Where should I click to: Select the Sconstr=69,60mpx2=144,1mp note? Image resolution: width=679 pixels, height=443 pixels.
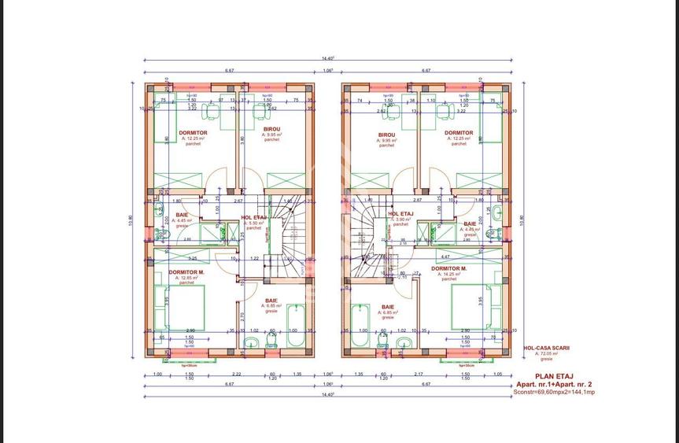tap(554, 391)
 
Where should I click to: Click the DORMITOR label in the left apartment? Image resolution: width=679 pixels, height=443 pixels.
tap(193, 133)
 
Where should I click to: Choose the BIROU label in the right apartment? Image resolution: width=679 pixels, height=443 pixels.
tap(386, 134)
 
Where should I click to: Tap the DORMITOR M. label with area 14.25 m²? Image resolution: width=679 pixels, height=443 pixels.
tap(448, 268)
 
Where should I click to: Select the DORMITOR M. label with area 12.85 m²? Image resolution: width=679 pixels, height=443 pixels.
tap(186, 272)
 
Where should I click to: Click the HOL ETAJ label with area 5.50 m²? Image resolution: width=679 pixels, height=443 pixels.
tap(253, 216)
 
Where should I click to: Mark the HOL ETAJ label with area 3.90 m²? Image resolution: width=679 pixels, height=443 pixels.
tap(401, 213)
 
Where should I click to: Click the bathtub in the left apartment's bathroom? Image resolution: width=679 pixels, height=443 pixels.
tap(296, 327)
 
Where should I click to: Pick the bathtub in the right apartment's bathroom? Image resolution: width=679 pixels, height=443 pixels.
tap(361, 327)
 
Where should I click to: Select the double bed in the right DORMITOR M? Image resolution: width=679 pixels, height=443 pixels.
tap(476, 306)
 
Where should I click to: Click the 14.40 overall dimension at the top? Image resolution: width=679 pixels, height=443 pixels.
tap(328, 57)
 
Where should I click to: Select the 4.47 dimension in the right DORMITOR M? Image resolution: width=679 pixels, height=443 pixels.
tap(445, 257)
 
